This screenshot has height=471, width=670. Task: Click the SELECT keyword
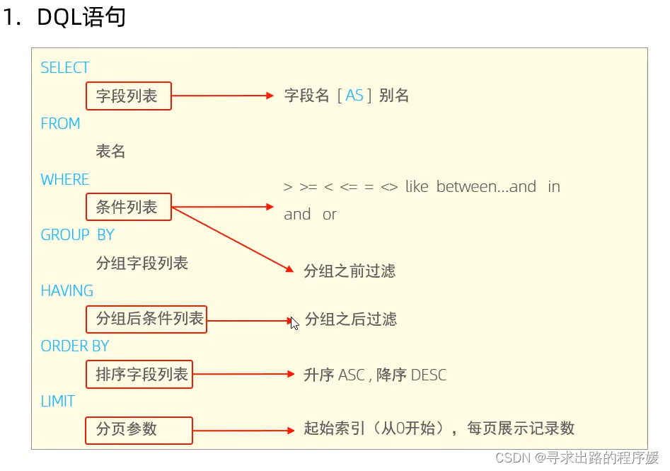point(65,68)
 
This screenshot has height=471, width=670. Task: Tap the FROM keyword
point(60,123)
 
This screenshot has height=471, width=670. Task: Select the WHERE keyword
point(65,179)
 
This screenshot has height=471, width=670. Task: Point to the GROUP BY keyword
point(77,235)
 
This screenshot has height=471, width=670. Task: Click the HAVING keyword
point(67,290)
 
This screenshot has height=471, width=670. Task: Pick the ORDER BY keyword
point(75,346)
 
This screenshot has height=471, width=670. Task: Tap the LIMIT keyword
point(58,401)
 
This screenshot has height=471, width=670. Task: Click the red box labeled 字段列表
point(129,96)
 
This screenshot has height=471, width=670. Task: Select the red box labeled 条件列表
point(129,208)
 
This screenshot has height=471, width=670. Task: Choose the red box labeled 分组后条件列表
point(147,319)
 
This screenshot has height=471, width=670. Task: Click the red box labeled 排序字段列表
point(139,375)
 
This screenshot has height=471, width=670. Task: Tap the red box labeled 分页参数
point(139,429)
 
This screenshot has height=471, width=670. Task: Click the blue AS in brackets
point(354,96)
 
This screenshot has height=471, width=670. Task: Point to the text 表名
point(110,151)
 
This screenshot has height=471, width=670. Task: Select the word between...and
point(486,187)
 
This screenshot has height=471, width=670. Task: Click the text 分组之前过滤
point(350,271)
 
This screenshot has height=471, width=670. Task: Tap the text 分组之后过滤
point(351,319)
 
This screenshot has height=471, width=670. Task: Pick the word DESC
point(429,375)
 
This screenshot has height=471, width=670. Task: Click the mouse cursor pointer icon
point(294,323)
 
